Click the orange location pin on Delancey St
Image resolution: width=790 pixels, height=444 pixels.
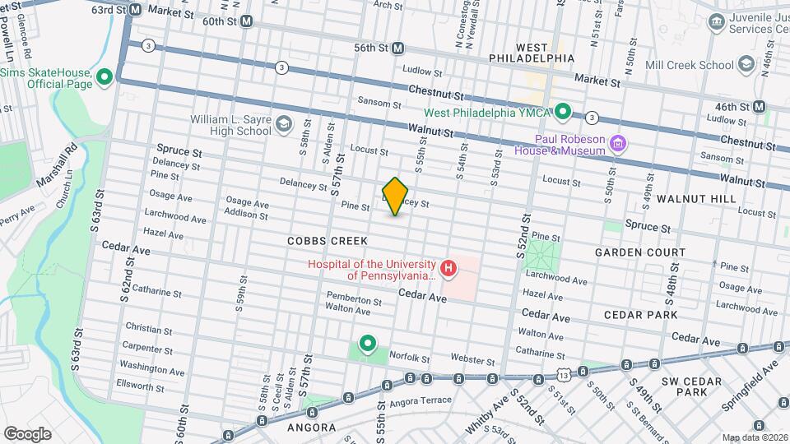point(395,196)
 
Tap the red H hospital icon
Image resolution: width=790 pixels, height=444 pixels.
point(448,267)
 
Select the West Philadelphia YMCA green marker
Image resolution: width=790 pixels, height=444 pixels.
point(563,111)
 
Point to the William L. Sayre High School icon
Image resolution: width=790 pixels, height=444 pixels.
point(283,124)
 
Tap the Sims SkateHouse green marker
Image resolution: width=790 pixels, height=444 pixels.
point(105,78)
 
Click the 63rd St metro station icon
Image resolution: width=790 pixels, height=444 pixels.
point(136,10)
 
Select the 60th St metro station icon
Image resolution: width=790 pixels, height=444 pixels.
point(246,21)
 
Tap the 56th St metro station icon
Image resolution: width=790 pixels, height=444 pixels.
point(398,48)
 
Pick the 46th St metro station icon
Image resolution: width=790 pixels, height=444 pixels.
point(759,106)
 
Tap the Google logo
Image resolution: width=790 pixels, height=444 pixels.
point(27,432)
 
